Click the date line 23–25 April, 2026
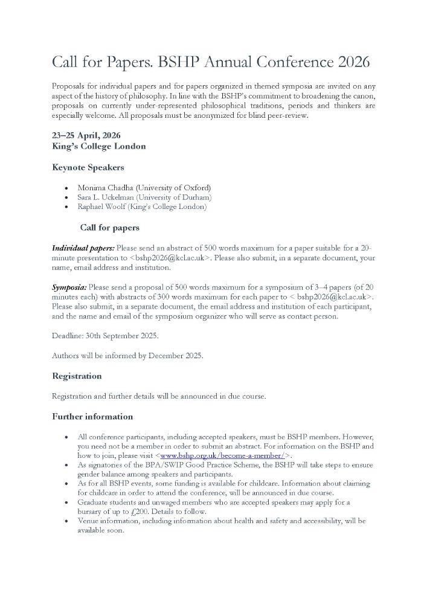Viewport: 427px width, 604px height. [x=86, y=135]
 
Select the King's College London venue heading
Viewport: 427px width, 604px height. [x=98, y=146]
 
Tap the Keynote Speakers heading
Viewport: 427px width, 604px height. [x=88, y=167]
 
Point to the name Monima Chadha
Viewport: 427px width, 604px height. [x=106, y=188]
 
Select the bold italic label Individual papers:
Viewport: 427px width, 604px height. [x=83, y=248]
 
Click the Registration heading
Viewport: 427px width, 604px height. [x=77, y=376]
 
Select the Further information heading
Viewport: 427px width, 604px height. [x=92, y=417]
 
